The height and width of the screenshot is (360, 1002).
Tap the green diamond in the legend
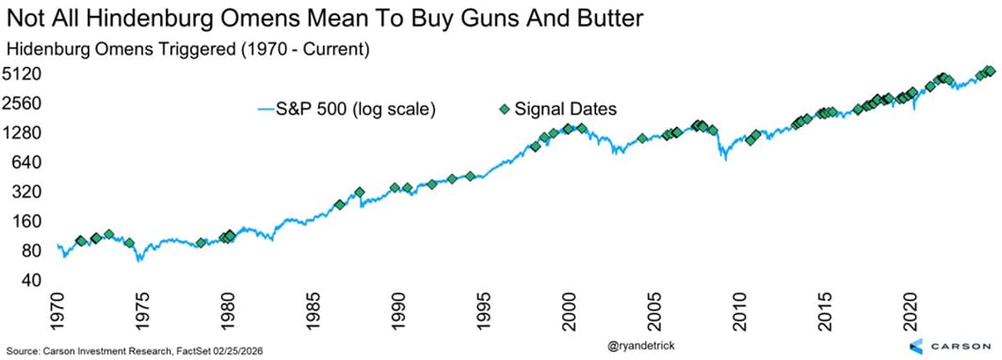tap(502, 109)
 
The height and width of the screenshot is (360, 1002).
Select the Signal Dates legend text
tap(565, 109)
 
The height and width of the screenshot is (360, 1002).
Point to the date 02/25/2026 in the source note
tap(243, 348)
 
